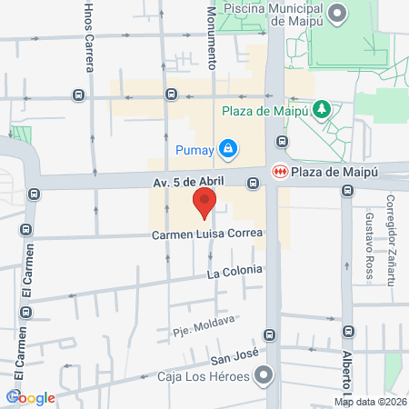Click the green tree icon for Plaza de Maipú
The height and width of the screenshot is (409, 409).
(320, 110)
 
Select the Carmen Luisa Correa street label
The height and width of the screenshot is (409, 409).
(208, 234)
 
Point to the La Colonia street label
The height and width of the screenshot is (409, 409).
(234, 271)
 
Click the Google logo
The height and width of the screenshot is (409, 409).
(32, 397)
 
